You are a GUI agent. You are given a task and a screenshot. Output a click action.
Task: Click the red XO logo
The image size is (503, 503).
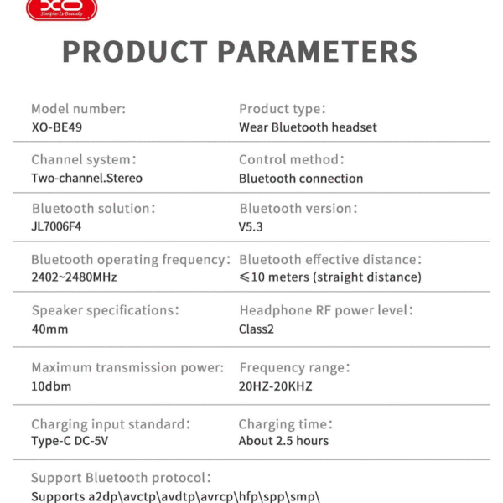coord(61,9)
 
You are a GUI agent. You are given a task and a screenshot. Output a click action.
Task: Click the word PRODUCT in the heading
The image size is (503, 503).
coord(135,51)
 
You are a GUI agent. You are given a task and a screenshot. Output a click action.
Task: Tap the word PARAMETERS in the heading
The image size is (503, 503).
coord(318,51)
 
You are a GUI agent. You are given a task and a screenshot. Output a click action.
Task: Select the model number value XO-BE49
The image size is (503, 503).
coord(57,127)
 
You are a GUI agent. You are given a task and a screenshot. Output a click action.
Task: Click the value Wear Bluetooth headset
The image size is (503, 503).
coord(308,127)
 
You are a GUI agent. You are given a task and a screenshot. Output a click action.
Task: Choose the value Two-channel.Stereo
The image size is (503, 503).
coord(86,178)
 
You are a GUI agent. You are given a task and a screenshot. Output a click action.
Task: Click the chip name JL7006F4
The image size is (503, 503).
coord(56,226)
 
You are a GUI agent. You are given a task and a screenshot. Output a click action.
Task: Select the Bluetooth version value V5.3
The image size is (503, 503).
coord(251,227)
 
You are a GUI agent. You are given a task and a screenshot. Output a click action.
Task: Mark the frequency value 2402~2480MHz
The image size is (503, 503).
coord(74,277)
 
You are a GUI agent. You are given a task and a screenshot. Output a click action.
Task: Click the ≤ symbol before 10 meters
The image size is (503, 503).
coord(245,277)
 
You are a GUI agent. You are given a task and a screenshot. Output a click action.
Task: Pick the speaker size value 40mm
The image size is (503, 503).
coord(49,329)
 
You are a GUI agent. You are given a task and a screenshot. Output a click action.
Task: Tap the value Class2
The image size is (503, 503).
coord(257,329)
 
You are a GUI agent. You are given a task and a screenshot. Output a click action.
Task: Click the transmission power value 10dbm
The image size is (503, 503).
coord(51,386)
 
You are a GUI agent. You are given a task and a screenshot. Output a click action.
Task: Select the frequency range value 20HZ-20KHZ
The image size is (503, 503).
coord(275,386)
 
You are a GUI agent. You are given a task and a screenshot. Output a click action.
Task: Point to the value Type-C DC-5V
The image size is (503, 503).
coord(70,441)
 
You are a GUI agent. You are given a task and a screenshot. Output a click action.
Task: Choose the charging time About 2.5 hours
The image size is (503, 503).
coord(283,441)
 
